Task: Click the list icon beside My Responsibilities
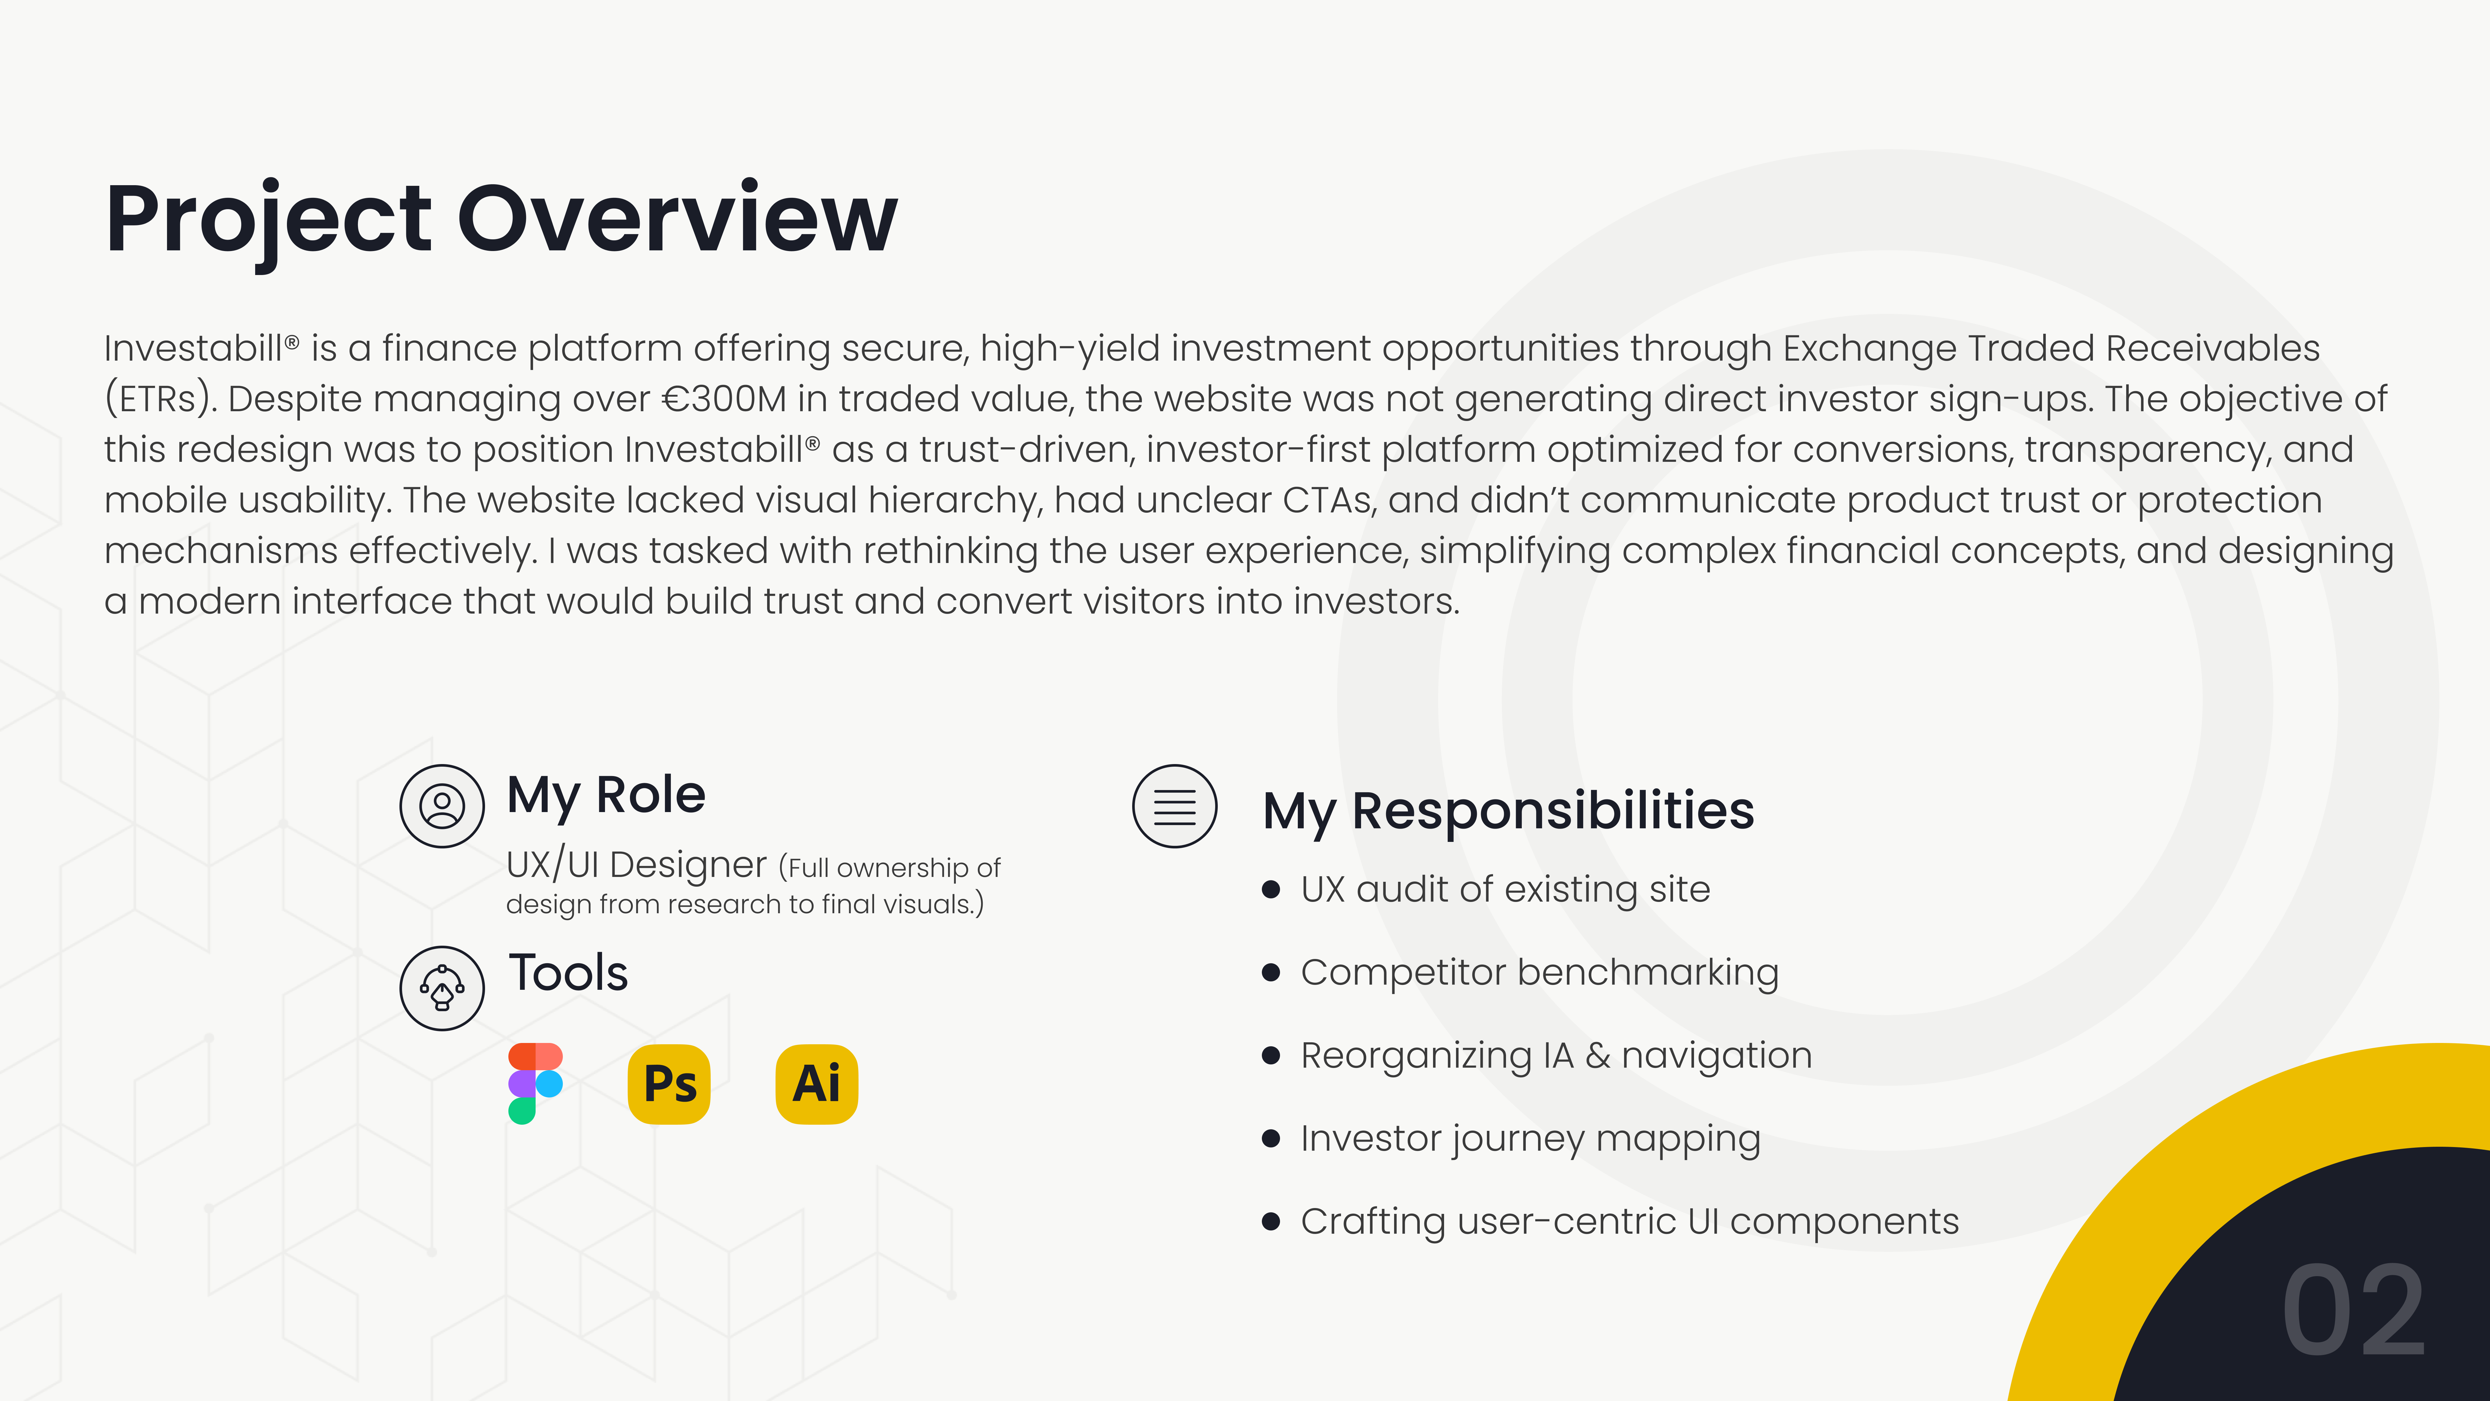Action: (x=1174, y=806)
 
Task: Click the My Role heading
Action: (x=606, y=796)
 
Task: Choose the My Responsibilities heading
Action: (x=1508, y=810)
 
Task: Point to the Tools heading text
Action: (x=568, y=973)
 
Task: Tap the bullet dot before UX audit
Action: (x=1271, y=890)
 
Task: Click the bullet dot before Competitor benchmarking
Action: (x=1271, y=973)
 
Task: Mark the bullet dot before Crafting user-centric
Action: (x=1271, y=1222)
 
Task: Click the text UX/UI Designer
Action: (x=636, y=864)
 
